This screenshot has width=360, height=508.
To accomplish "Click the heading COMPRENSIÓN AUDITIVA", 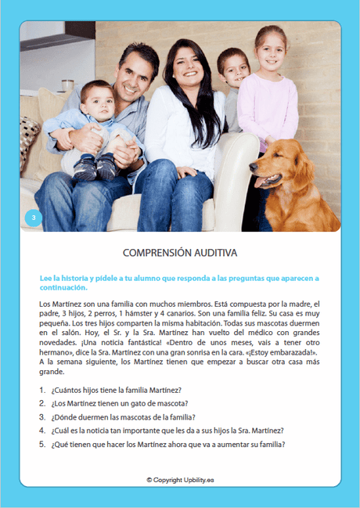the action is coord(180,253).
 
